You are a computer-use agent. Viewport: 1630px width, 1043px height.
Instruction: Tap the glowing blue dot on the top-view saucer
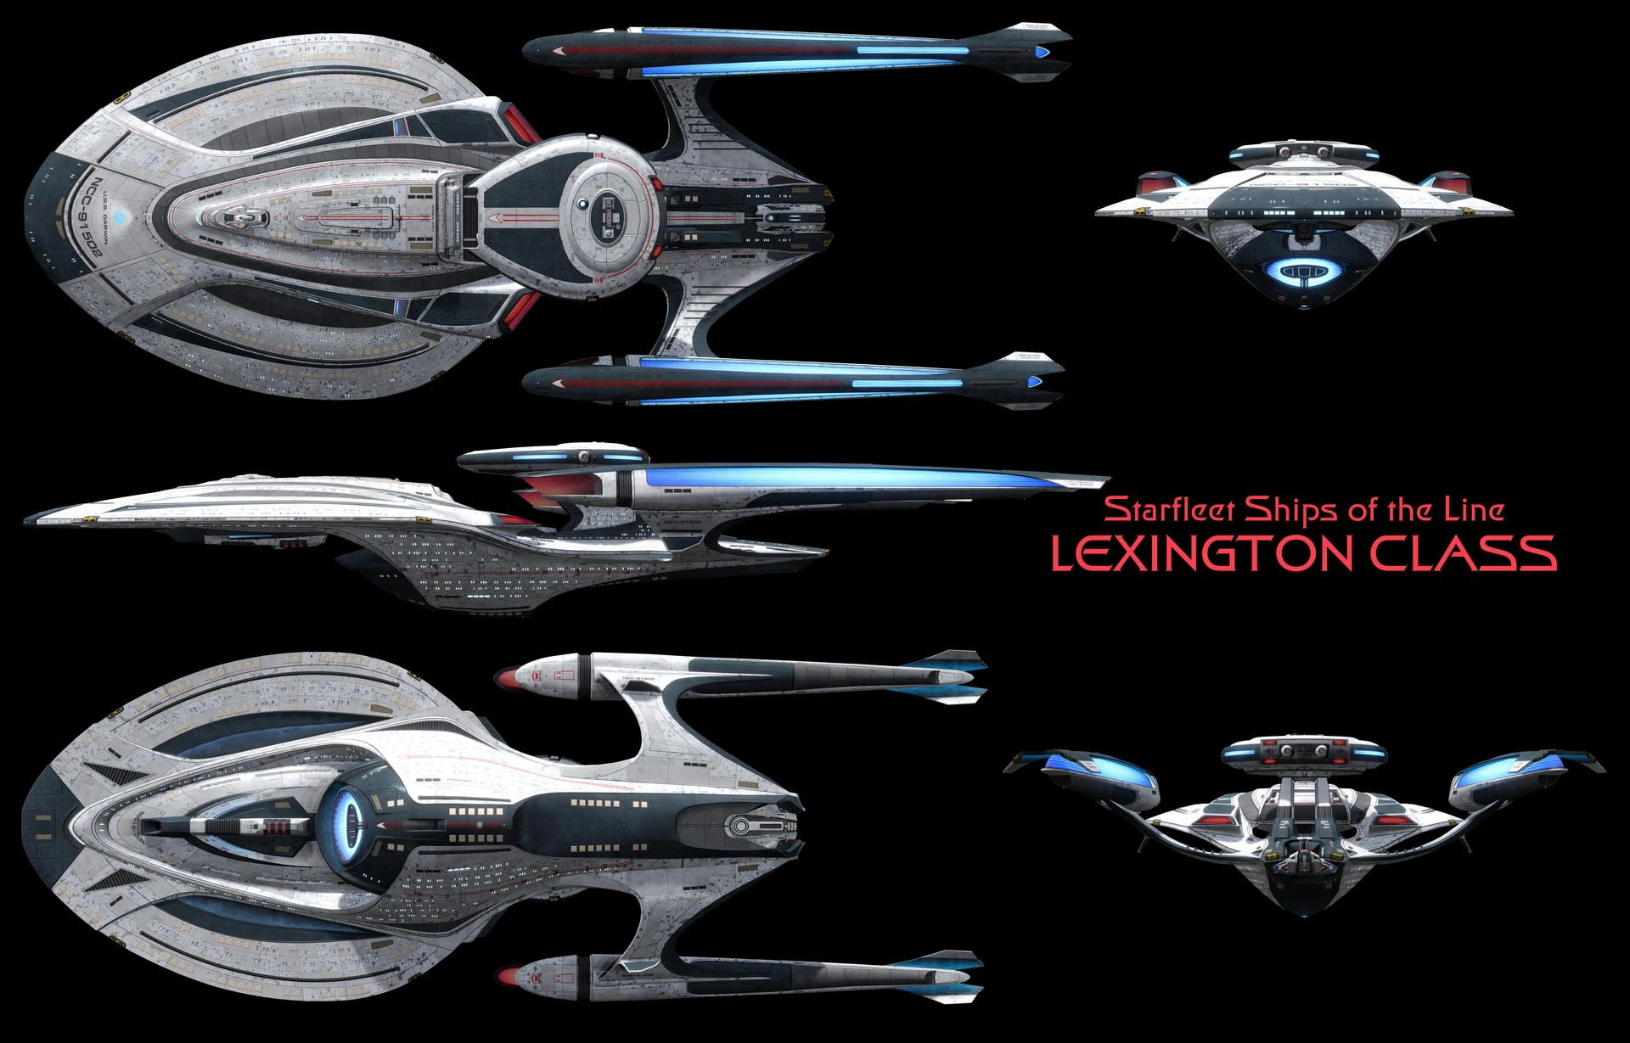point(123,216)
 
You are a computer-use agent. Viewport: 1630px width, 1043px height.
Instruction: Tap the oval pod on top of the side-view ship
point(550,457)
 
